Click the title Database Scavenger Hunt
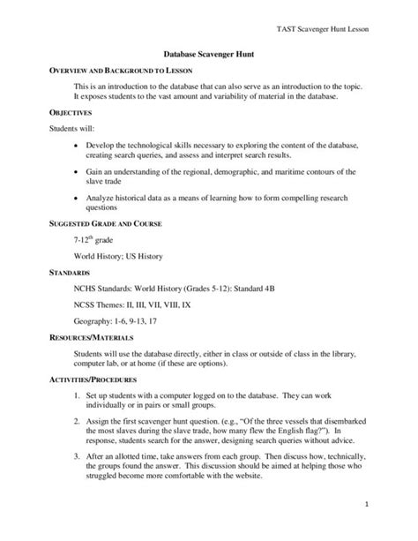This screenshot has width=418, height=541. [x=209, y=54]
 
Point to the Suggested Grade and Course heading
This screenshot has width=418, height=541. [x=105, y=224]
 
